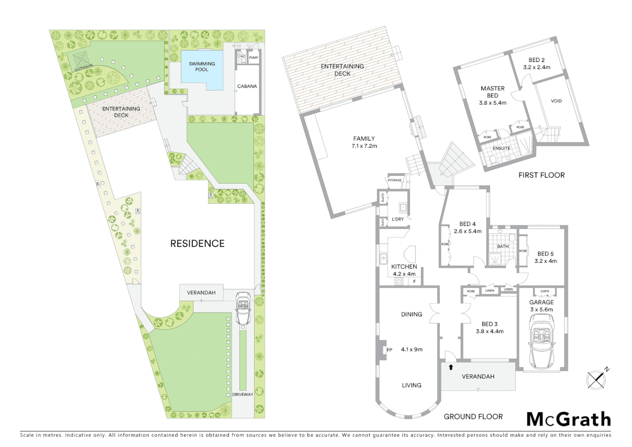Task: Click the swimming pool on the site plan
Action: pos(202,70)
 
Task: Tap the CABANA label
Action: pos(247,87)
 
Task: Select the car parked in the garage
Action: pos(541,341)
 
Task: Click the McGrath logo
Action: pos(568,420)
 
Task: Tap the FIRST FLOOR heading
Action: pos(541,175)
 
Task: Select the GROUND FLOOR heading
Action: pos(473,417)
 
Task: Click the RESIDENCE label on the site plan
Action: pos(197,243)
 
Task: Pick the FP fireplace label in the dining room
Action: pos(389,350)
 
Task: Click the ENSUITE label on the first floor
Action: pos(501,148)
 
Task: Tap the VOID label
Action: pos(556,101)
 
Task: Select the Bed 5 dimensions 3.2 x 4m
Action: pos(546,261)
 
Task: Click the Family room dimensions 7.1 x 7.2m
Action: pos(364,146)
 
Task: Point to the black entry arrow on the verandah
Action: pos(451,367)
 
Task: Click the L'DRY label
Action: pos(398,219)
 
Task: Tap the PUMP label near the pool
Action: pos(254,58)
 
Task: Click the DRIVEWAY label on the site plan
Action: pos(242,394)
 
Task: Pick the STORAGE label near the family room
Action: pos(394,180)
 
